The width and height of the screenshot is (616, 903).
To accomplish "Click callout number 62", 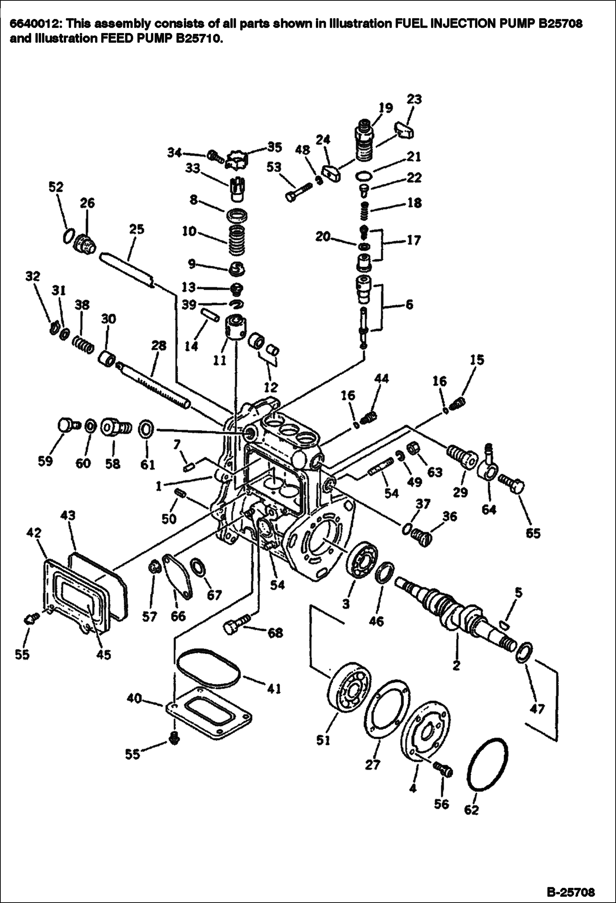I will coord(471,810).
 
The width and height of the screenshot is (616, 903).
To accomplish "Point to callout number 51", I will coord(323,740).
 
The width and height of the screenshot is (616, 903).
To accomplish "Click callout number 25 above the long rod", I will coord(137,229).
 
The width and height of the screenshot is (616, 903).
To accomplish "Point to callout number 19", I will coord(385,108).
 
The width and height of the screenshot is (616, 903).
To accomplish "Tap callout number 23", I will coord(415,100).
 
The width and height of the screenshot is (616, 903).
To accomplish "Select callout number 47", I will coord(537,709).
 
